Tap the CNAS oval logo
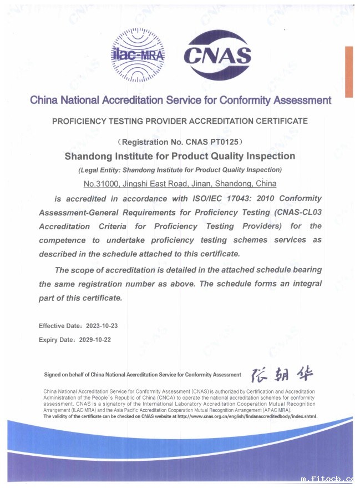pos(217,56)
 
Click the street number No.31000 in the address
pos(100,183)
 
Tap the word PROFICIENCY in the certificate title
pos(79,121)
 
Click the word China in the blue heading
pos(44,100)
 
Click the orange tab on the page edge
pos(349,72)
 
